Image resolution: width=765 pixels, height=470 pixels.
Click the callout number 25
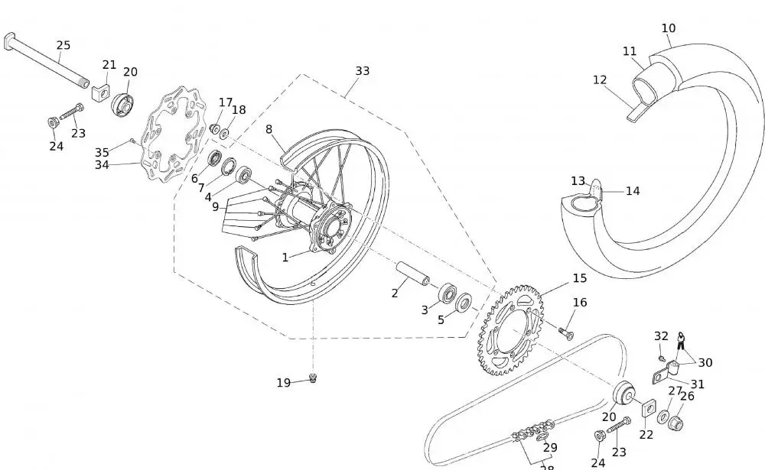pos(63,45)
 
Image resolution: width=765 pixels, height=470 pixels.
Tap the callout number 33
pos(362,70)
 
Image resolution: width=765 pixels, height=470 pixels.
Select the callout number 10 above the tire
pos(668,28)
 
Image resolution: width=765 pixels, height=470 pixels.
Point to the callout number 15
pos(579,278)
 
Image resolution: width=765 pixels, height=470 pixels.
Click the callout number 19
pos(283,383)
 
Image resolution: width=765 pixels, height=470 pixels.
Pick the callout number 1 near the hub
pos(285,258)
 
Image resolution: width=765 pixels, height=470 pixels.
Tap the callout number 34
pos(102,164)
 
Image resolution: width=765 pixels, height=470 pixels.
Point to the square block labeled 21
pos(99,93)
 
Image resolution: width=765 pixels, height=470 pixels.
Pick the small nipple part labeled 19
pos(313,378)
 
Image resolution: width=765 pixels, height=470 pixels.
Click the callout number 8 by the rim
pos(269,129)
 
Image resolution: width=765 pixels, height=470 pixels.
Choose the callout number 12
pos(600,79)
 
